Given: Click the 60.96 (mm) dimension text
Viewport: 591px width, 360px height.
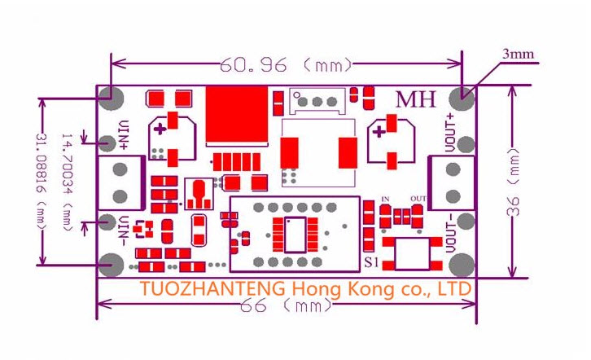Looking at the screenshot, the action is (x=285, y=64).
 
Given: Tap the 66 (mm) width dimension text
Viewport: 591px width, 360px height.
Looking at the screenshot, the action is (x=287, y=305).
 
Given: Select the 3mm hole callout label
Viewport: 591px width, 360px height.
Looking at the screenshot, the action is (x=518, y=54).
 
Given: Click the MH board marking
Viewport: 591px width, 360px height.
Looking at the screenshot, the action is (x=416, y=99).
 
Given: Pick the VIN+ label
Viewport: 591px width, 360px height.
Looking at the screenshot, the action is (x=124, y=135).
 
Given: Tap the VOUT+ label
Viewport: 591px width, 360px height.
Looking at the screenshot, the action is (x=451, y=132).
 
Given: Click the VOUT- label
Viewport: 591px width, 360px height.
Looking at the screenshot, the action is (x=451, y=233).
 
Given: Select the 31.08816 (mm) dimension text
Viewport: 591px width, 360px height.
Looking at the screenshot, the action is (x=42, y=180).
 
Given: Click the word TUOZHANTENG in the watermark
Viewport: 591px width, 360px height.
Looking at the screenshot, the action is (x=213, y=289).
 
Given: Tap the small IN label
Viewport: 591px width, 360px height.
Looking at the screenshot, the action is (x=385, y=199).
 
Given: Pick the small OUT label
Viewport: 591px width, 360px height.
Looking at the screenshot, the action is (x=418, y=198).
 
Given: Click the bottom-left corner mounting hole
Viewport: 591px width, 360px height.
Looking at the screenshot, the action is (x=112, y=265).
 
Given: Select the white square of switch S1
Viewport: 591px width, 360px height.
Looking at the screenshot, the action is (x=413, y=253).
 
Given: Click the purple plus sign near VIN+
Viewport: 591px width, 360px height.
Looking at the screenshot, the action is (x=160, y=130).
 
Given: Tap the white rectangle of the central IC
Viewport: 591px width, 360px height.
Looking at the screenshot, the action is (x=295, y=235).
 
